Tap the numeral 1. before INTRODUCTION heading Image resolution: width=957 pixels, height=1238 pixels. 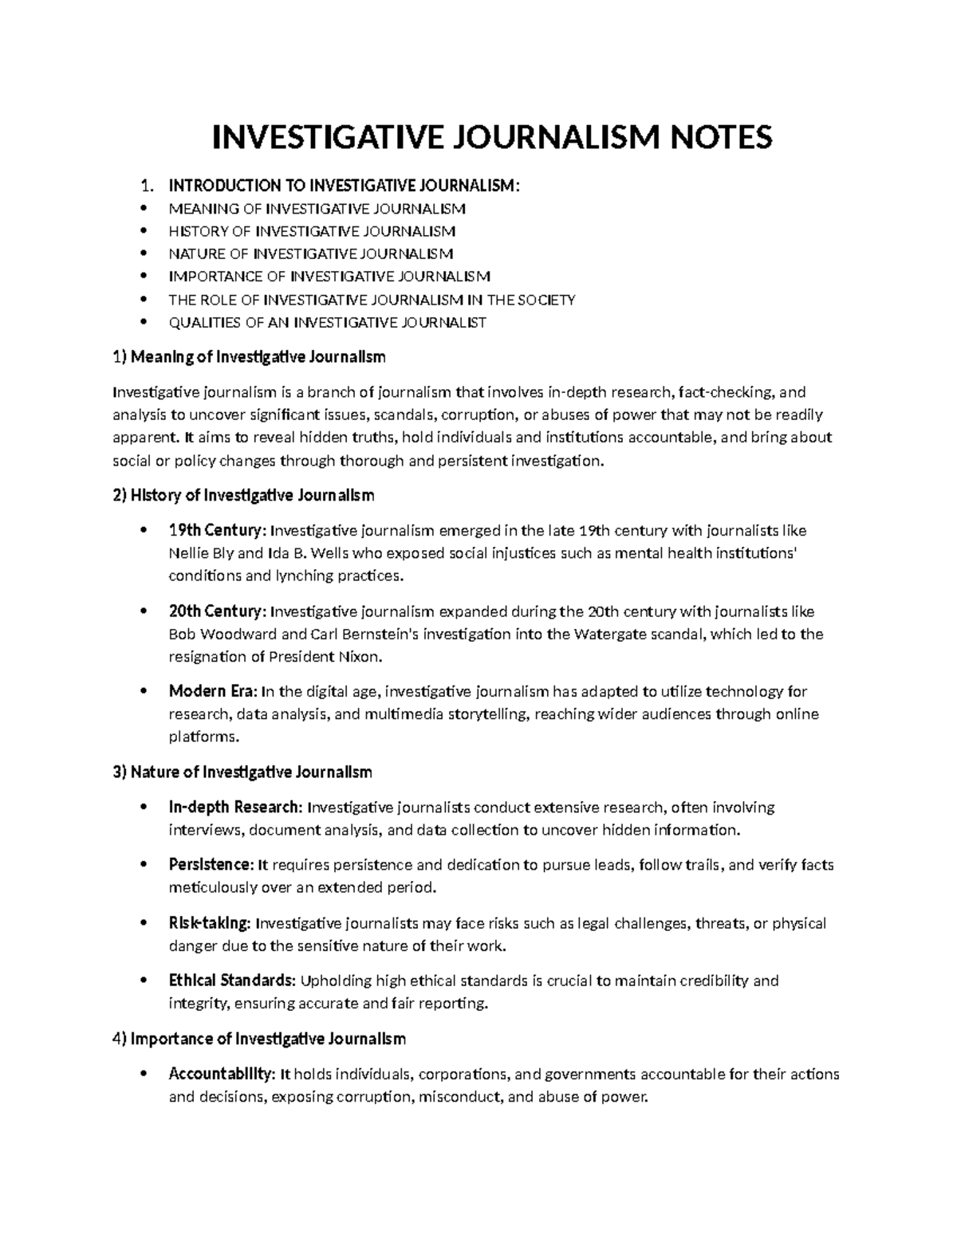click(x=145, y=187)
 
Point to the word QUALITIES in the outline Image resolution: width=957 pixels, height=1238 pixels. click(x=199, y=323)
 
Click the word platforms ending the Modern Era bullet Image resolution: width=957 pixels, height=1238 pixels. click(x=202, y=737)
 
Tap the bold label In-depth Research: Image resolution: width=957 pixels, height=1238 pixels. click(x=235, y=808)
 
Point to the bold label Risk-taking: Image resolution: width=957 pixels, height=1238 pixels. click(x=210, y=923)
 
